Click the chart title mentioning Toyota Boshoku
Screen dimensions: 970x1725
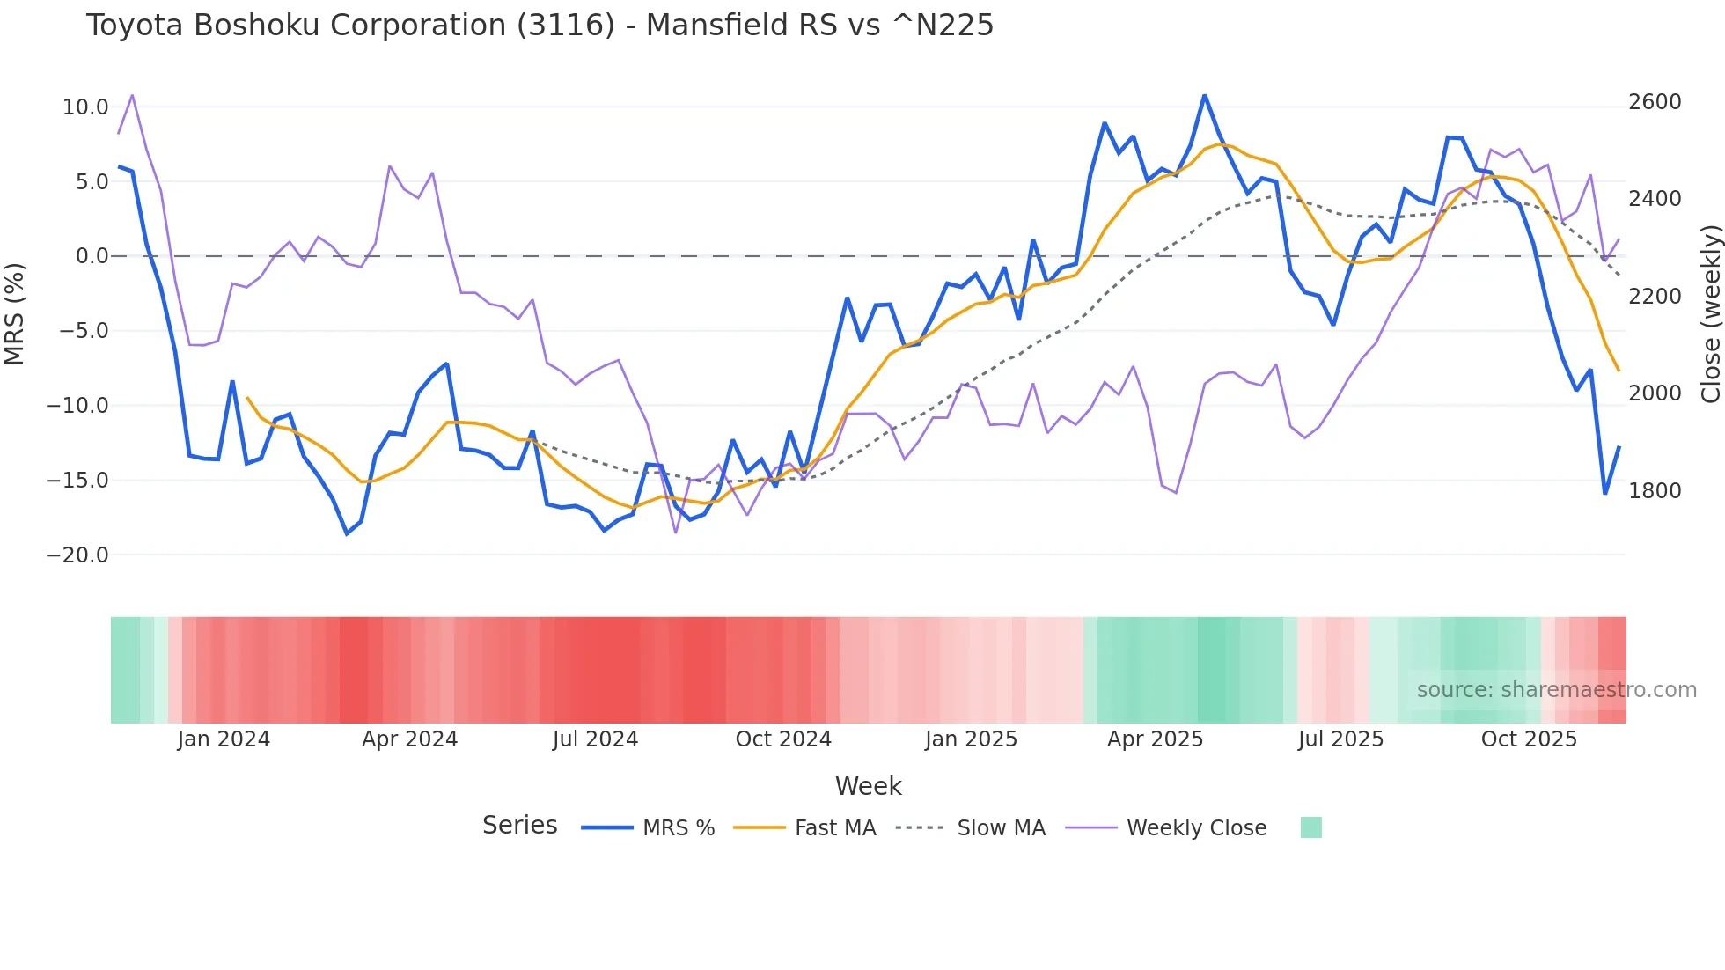point(539,25)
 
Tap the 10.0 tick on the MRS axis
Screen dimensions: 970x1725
point(85,107)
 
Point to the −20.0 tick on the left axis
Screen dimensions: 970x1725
point(77,555)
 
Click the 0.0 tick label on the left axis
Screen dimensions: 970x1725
point(92,256)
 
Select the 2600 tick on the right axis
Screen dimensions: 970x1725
point(1655,102)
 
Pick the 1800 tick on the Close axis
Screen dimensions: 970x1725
point(1655,490)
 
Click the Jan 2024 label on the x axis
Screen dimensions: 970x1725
point(224,739)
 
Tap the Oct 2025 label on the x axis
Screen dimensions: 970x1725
point(1529,739)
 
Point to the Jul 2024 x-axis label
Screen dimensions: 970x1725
point(595,739)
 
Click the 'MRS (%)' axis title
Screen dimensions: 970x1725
point(15,313)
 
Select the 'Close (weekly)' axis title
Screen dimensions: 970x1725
point(1710,313)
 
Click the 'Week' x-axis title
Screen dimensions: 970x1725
point(868,786)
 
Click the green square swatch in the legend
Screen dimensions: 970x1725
point(1310,827)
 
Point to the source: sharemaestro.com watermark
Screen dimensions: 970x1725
point(1556,690)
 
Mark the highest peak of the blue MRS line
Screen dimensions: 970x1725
point(1205,96)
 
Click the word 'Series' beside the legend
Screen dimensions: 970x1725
point(519,826)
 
